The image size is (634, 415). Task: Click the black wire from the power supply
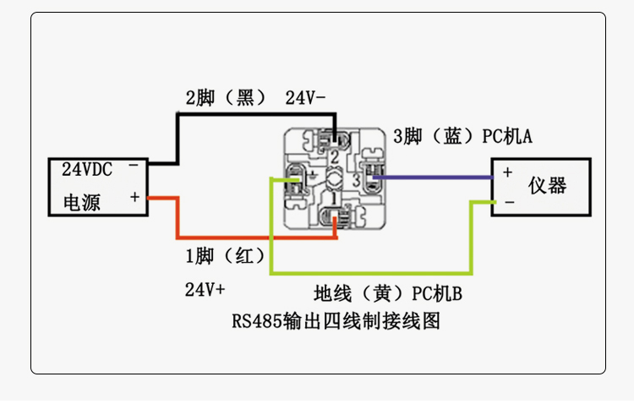click(254, 112)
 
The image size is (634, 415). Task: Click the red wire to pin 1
click(254, 238)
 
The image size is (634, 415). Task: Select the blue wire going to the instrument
click(431, 177)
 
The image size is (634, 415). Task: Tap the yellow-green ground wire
click(372, 274)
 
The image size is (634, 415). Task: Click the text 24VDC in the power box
click(87, 168)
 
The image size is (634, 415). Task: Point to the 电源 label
click(82, 203)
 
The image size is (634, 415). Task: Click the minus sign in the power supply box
click(134, 167)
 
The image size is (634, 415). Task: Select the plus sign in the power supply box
click(134, 197)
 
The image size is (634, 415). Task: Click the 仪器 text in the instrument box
click(547, 186)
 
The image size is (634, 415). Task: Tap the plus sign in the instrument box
click(508, 172)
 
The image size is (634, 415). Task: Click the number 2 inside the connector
click(335, 157)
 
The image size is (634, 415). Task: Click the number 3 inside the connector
click(357, 179)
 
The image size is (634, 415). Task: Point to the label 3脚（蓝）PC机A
click(462, 136)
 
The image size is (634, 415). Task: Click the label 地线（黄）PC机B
click(388, 294)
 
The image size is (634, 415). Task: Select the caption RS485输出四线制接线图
click(336, 322)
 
